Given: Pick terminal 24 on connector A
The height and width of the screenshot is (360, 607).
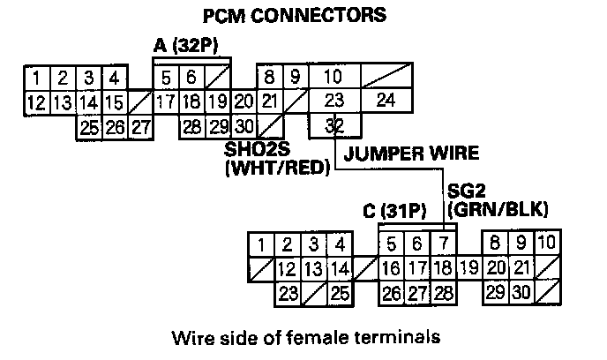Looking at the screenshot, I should (x=386, y=100).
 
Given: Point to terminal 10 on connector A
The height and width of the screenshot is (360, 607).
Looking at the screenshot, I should (x=333, y=77).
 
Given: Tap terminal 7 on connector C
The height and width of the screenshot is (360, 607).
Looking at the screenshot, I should (x=444, y=243).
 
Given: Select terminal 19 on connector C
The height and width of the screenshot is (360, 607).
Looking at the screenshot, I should (x=468, y=266).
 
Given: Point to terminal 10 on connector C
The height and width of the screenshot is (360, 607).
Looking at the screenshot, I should (x=546, y=243).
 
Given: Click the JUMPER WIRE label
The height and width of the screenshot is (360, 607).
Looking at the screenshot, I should (x=411, y=154).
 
